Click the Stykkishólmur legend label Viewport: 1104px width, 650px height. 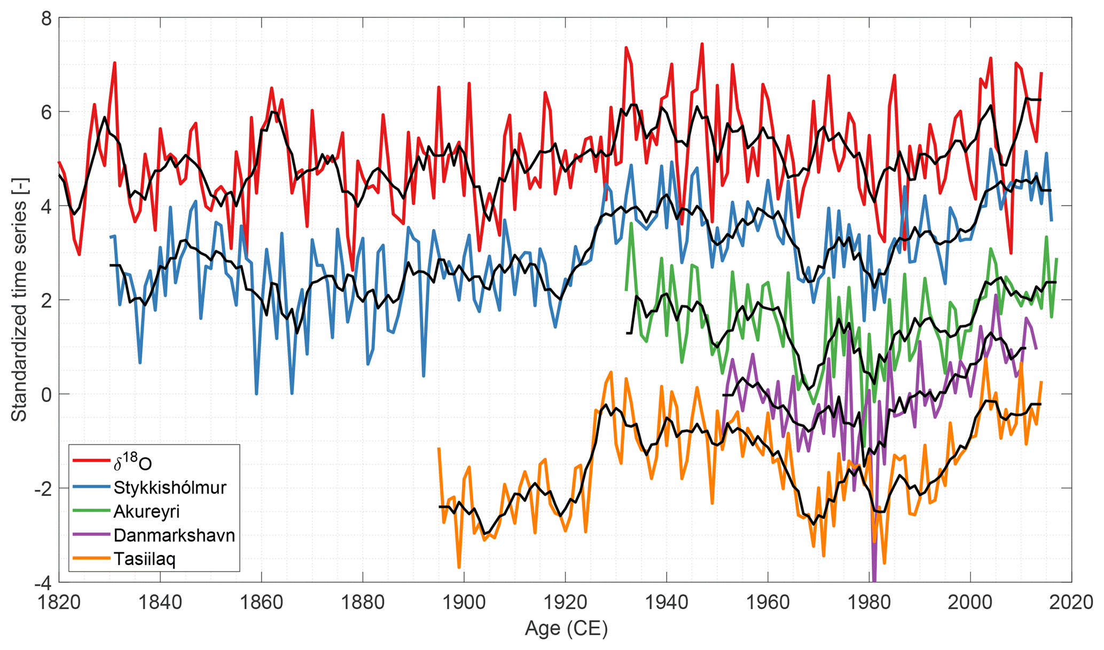[169, 488]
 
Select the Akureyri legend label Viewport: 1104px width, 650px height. [146, 511]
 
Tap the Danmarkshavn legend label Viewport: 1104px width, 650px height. [174, 535]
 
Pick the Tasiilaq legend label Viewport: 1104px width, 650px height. [144, 559]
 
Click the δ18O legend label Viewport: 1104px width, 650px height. [132, 463]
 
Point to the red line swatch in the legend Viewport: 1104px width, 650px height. [91, 461]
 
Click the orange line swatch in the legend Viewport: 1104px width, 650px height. [91, 559]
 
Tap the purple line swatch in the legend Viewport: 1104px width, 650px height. [91, 535]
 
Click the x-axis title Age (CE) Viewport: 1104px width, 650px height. [566, 629]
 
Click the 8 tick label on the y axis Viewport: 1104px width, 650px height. [46, 18]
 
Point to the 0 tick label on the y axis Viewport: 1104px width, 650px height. [46, 394]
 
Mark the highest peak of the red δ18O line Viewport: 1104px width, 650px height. [702, 44]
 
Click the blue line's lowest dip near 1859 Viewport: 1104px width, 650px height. [256, 394]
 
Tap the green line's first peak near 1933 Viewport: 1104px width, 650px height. [631, 223]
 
